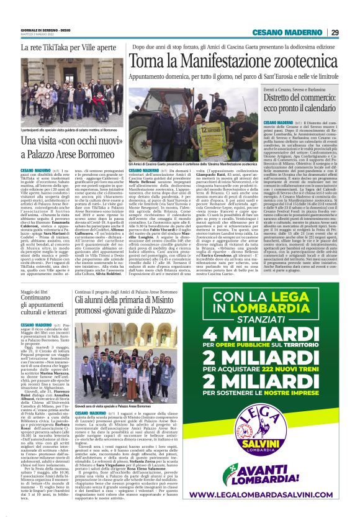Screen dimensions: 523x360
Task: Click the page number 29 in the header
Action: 335,32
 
